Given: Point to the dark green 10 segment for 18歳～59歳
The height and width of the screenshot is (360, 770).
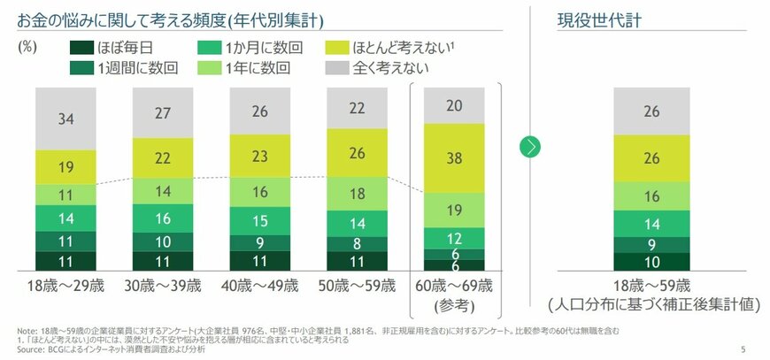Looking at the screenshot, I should pos(651,262).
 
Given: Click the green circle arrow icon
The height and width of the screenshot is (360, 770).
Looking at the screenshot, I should pos(530,147).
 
